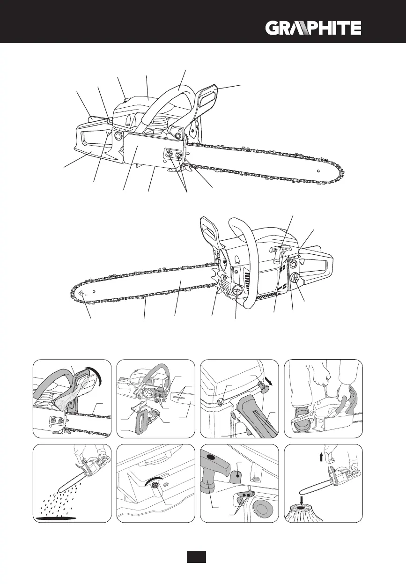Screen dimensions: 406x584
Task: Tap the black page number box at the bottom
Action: (196, 557)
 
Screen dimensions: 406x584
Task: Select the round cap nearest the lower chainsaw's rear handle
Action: (295, 279)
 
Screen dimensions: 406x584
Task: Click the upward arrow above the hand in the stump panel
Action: (321, 457)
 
